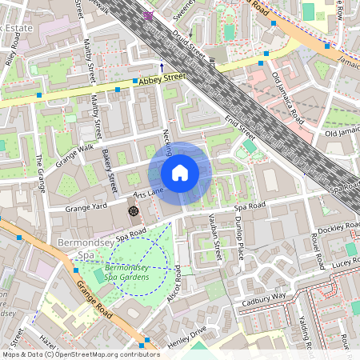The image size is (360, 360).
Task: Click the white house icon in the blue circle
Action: [180, 173]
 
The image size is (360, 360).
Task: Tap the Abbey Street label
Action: [162, 78]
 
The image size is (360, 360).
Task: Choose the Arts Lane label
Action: [148, 194]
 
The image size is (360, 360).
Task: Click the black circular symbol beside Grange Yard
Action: [134, 210]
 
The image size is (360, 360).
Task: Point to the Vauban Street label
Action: [218, 236]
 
